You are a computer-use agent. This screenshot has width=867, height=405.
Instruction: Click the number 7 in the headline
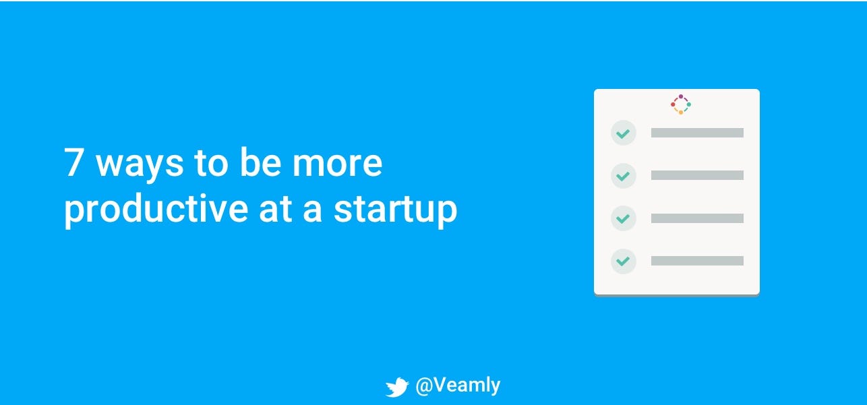(x=74, y=162)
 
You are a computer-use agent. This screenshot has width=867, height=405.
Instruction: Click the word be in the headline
(x=260, y=162)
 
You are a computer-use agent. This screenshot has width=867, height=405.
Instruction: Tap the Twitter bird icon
(x=397, y=387)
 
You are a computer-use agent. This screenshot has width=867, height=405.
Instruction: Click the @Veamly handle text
(x=458, y=385)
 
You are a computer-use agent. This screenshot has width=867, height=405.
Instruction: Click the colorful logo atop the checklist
(x=681, y=104)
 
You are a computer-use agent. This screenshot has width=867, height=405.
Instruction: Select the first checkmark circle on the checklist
(x=624, y=133)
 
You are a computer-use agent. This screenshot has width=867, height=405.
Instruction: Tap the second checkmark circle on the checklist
(x=624, y=176)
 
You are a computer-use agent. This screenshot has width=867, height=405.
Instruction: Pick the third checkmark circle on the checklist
(x=624, y=218)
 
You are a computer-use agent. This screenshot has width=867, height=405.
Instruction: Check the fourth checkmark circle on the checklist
(x=624, y=261)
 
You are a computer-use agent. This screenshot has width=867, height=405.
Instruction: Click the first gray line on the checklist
(x=697, y=133)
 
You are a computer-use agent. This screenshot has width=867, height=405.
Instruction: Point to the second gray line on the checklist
(x=697, y=175)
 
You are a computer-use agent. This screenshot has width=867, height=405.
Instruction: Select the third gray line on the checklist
(x=697, y=218)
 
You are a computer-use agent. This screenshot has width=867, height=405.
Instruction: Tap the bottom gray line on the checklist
(x=697, y=261)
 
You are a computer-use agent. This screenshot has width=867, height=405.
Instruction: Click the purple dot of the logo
(x=681, y=96)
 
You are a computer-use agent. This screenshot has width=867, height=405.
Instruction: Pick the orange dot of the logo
(x=681, y=113)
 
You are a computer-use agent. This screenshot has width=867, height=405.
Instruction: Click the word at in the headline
(x=275, y=210)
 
